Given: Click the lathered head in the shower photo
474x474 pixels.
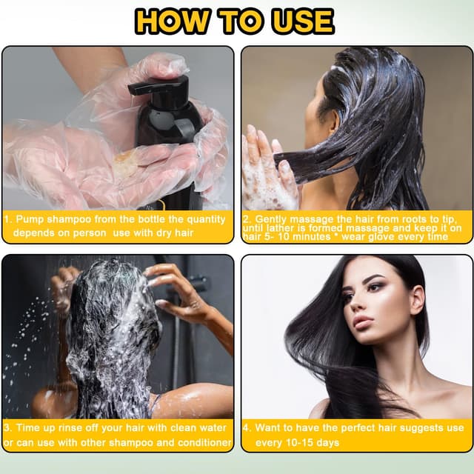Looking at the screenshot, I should click(x=111, y=326).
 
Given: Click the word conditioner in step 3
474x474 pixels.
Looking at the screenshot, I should click(x=202, y=442).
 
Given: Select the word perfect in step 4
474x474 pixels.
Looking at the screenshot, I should click(x=355, y=428).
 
